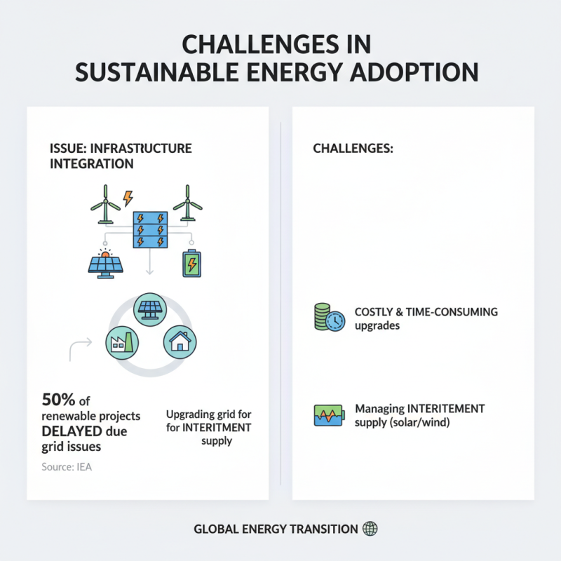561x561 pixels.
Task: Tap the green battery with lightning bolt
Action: [191, 264]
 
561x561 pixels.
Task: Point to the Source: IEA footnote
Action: [67, 467]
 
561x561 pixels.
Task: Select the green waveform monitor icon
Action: [328, 415]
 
